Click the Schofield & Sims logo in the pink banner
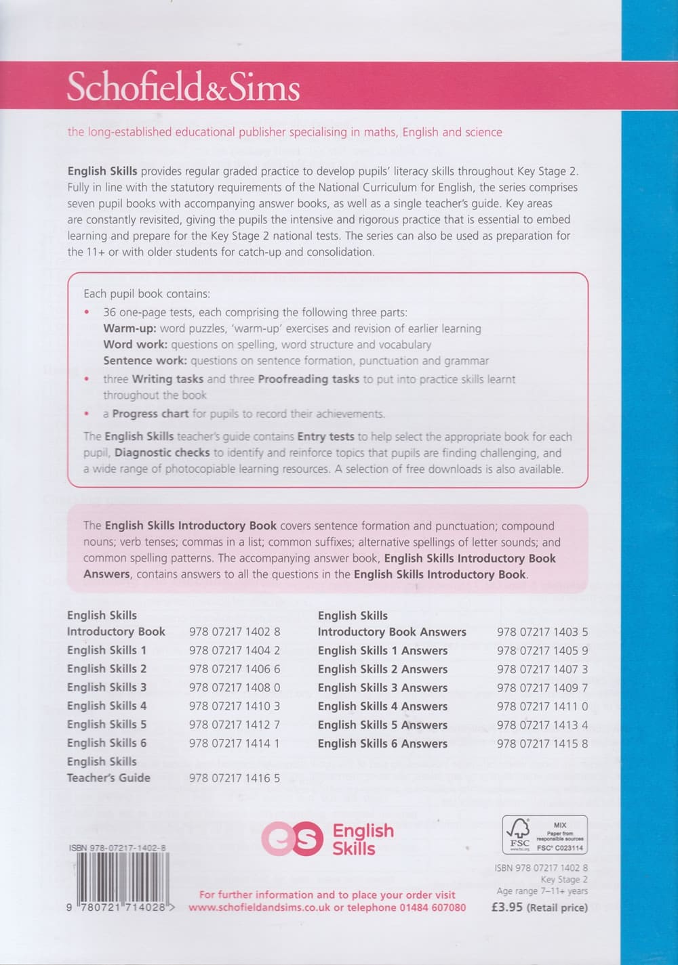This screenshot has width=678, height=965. [x=183, y=88]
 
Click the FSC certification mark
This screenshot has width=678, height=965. [x=544, y=834]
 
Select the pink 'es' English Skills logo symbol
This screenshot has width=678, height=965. [x=292, y=838]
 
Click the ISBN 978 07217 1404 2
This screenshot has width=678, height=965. [x=235, y=650]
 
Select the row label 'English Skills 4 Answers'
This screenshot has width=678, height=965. [x=382, y=706]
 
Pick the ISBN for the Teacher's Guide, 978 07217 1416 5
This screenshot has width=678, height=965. [x=235, y=778]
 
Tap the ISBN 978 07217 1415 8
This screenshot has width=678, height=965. [x=542, y=743]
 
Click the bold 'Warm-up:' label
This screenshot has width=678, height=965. [x=129, y=328]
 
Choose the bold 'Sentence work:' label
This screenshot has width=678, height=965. [x=144, y=361]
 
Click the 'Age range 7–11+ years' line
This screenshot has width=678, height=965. [x=542, y=891]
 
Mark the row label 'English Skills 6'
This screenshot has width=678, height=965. [x=106, y=743]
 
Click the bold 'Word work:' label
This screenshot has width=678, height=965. [x=135, y=345]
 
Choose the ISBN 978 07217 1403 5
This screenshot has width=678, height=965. [x=542, y=632]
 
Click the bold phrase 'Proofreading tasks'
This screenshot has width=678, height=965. [x=308, y=379]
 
